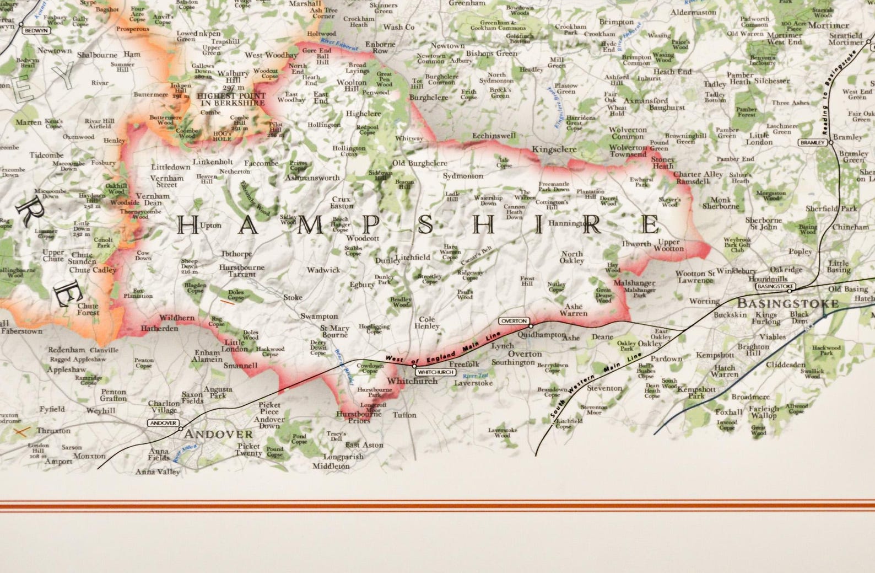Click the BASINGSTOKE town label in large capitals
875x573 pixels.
pos(787,304)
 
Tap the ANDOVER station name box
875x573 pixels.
pos(164,423)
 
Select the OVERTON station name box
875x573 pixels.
pos(514,321)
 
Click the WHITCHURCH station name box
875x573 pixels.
pos(435,372)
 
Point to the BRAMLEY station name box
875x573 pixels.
pos(813,142)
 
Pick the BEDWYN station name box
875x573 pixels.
pos(36,31)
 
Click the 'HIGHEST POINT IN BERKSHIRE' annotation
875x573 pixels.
pos(231,99)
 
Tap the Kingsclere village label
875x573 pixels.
pos(554,149)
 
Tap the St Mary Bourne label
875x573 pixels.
pos(334,331)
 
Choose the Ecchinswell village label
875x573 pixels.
pos(494,136)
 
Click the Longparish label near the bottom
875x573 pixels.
pos(343,457)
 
